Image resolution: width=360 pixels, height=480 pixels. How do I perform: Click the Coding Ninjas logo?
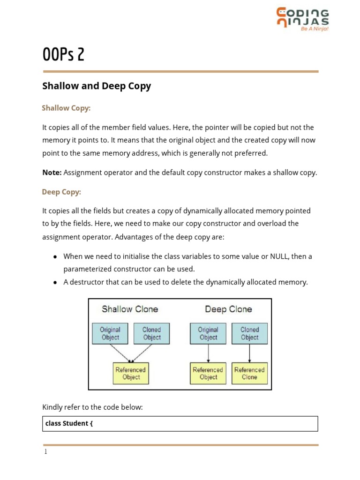(302, 19)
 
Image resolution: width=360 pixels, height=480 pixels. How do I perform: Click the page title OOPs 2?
(63, 55)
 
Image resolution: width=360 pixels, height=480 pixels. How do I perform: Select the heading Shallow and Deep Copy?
(97, 86)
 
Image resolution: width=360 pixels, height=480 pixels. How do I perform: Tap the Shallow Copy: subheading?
(66, 108)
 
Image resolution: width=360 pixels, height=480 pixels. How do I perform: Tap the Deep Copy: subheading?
(61, 192)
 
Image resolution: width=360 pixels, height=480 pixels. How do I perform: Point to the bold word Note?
(52, 172)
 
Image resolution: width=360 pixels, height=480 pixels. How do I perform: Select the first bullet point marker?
(55, 257)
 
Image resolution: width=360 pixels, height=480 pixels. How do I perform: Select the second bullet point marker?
(55, 283)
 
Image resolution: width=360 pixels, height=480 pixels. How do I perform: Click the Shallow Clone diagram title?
(130, 309)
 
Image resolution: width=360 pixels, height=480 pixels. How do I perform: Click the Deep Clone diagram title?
(228, 309)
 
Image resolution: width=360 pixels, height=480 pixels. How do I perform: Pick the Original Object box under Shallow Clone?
(110, 333)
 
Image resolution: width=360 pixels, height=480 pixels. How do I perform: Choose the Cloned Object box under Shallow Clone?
(151, 333)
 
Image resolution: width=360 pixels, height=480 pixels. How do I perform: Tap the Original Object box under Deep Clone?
(208, 333)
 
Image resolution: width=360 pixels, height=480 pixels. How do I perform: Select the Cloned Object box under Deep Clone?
(249, 333)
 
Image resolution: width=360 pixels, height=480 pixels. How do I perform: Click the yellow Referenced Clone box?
(249, 373)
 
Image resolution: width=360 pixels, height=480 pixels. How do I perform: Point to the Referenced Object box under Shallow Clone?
(131, 373)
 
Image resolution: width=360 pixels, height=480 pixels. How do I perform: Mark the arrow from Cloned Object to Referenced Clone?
(249, 353)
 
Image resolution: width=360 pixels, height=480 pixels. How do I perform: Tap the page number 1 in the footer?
(45, 452)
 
